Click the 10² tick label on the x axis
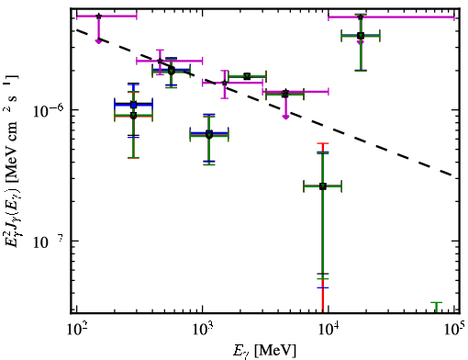76,330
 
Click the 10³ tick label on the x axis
203,330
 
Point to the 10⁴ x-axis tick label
329,330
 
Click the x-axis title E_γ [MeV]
264,351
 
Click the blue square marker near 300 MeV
133,105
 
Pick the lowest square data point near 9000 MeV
323,186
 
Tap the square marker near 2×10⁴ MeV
361,36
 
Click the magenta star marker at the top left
98,16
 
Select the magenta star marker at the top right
361,17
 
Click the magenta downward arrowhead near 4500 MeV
285,117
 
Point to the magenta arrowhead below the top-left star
98,41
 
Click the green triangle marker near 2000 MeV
247,76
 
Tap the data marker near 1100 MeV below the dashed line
209,134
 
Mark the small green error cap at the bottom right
437,303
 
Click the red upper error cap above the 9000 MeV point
323,143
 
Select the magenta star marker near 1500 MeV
225,83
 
